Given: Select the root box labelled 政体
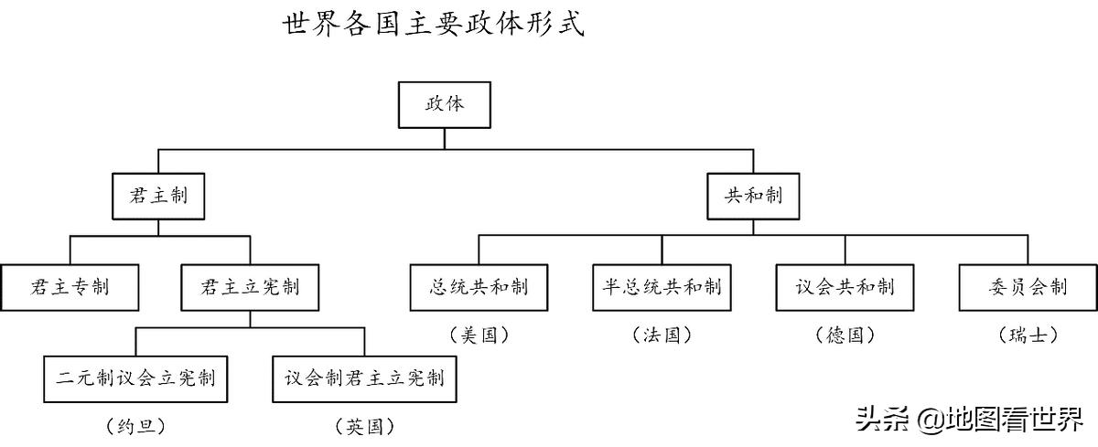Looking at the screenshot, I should click(x=445, y=104).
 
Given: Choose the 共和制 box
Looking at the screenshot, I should click(x=754, y=196).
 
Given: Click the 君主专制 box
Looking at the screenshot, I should click(x=70, y=287).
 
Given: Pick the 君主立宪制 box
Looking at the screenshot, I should click(x=250, y=287).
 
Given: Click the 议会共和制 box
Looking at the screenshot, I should click(x=845, y=287).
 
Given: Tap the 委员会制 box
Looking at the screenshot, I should click(x=1027, y=287).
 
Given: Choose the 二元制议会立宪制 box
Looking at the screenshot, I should click(x=135, y=378).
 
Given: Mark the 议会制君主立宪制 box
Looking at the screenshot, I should click(x=364, y=378).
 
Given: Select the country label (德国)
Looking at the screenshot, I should click(x=845, y=335).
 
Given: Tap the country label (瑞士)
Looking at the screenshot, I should click(x=1027, y=335).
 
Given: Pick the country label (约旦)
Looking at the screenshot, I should click(x=135, y=425).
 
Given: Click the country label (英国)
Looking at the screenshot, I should click(x=364, y=425).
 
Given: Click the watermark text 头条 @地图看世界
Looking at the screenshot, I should click(x=969, y=420).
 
